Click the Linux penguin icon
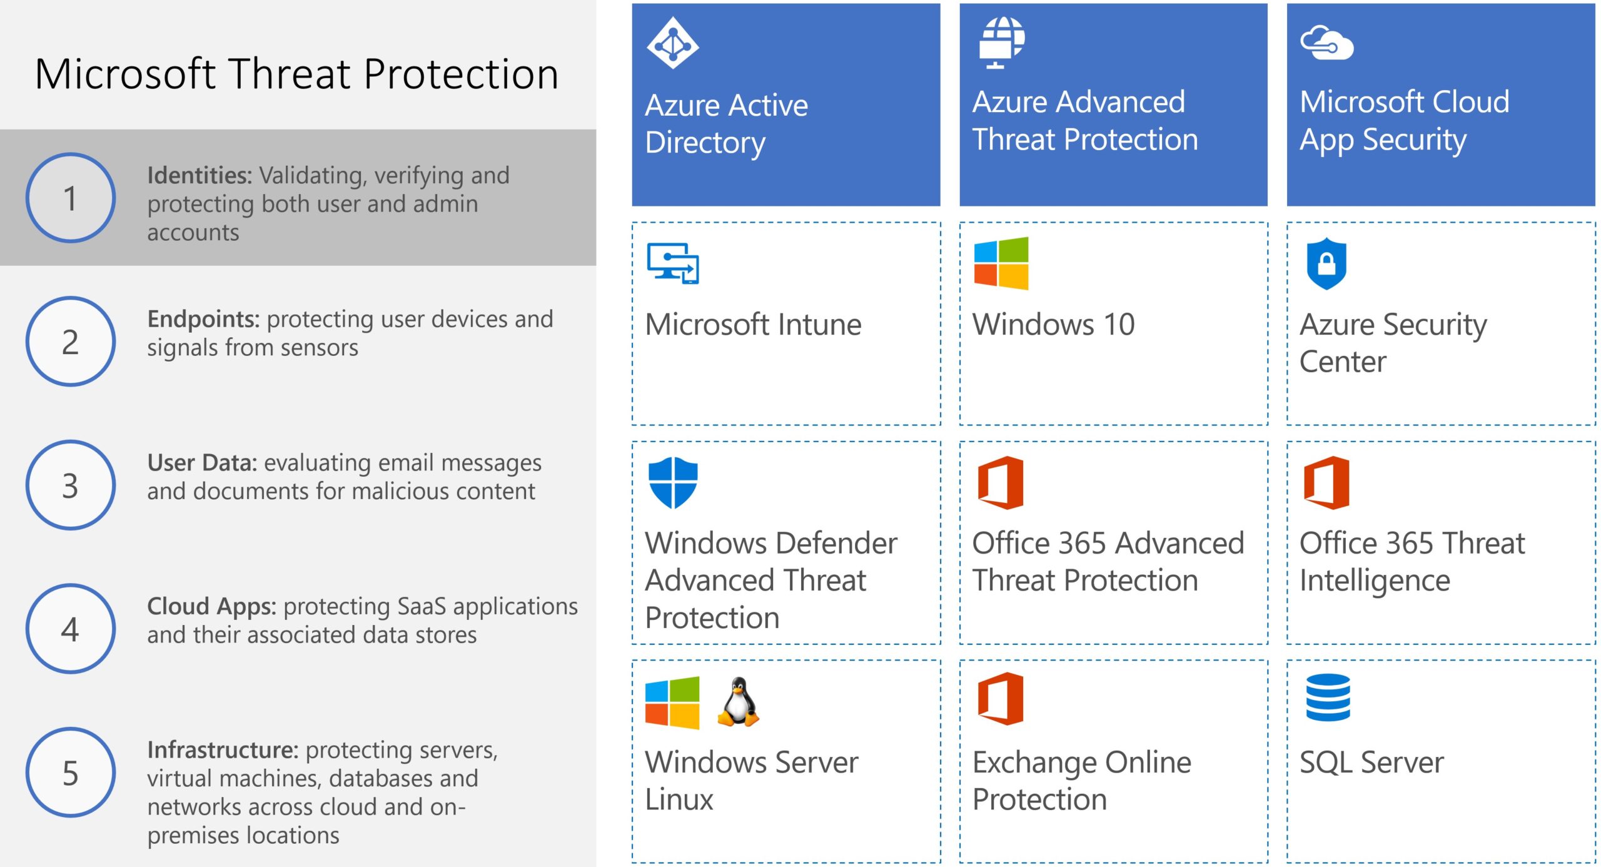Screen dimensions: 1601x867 pyautogui.click(x=738, y=702)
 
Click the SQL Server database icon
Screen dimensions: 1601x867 pyautogui.click(x=1328, y=697)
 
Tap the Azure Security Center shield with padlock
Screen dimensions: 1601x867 pyautogui.click(x=1326, y=263)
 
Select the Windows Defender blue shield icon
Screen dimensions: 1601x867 pyautogui.click(x=673, y=483)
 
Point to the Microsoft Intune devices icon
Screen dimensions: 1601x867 pyautogui.click(x=673, y=263)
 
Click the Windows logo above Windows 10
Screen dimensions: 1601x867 pyautogui.click(x=1001, y=263)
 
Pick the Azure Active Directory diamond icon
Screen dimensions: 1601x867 pyautogui.click(x=672, y=43)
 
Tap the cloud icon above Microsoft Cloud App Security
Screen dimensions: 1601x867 pyautogui.click(x=1326, y=43)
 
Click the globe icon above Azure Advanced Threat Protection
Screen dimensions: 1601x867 pyautogui.click(x=1001, y=42)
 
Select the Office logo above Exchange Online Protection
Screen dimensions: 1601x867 pyautogui.click(x=1001, y=699)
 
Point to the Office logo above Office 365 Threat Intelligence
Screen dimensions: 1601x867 pyautogui.click(x=1326, y=483)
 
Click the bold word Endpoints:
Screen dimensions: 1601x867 pyautogui.click(x=203, y=320)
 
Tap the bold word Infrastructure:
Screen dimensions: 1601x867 pyautogui.click(x=223, y=750)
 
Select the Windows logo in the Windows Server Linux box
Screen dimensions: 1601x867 pyautogui.click(x=672, y=702)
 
